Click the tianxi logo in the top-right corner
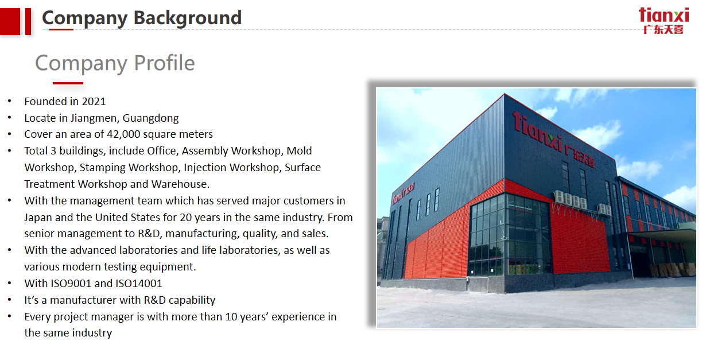(x=664, y=20)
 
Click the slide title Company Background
(x=142, y=18)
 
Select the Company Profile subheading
(x=115, y=63)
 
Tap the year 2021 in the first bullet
(x=94, y=102)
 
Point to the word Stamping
(x=103, y=168)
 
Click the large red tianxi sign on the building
(x=553, y=138)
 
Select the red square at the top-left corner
(x=10, y=21)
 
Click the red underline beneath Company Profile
(x=68, y=83)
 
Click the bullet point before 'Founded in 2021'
(x=9, y=102)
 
